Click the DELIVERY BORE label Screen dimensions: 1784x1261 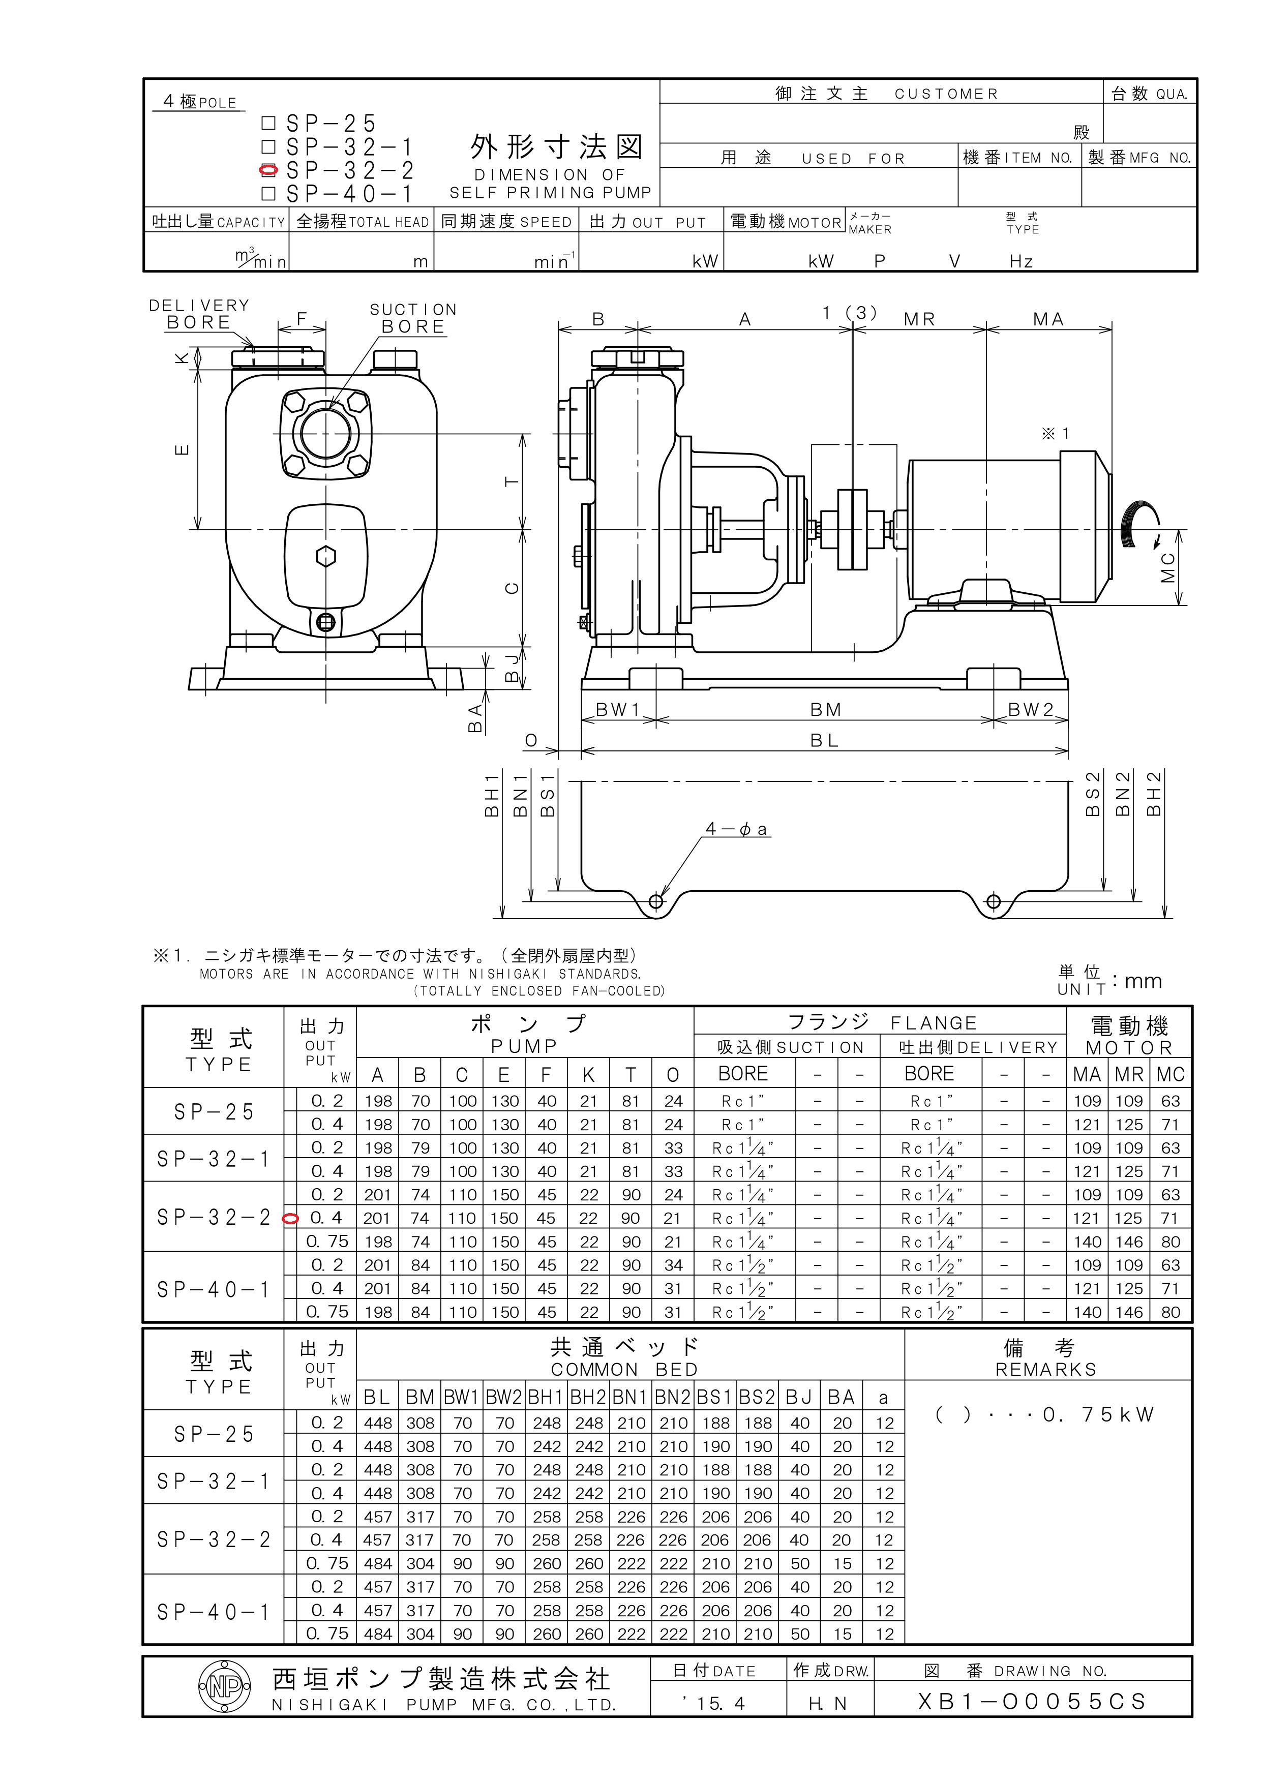point(199,314)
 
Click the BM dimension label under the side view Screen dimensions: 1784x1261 point(825,709)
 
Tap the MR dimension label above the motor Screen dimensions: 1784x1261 point(919,319)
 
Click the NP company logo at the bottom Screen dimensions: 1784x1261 point(225,1685)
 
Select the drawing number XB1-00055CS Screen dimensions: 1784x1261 point(1032,1702)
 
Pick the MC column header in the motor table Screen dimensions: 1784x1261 point(1170,1075)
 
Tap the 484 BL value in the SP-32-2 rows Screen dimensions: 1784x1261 point(378,1563)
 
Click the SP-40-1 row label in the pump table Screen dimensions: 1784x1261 point(213,1290)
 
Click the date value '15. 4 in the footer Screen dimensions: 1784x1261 point(714,1703)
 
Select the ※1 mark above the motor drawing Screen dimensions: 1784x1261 point(1055,434)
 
